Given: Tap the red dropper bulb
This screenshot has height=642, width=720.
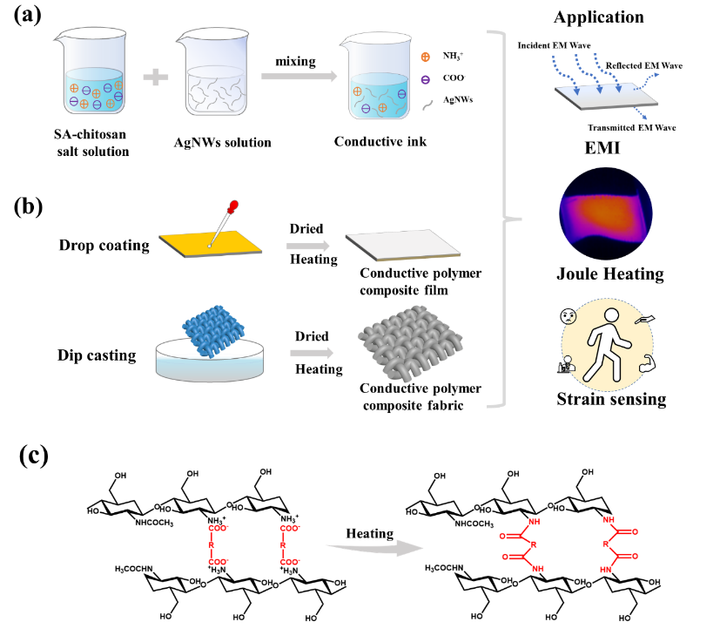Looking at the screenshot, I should [x=232, y=209].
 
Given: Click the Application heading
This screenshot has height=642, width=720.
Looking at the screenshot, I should [x=599, y=17].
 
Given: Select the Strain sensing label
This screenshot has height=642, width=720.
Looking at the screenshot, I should [x=609, y=401].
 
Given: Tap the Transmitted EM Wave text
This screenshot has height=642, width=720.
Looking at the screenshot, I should [x=631, y=127].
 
